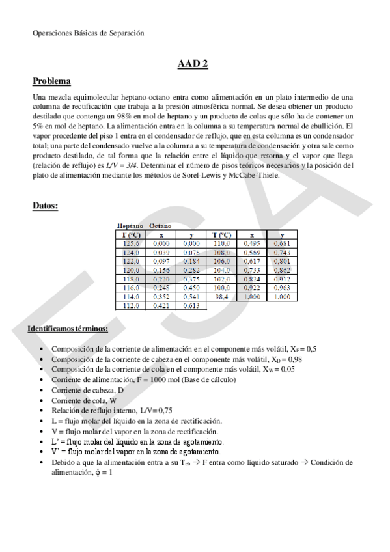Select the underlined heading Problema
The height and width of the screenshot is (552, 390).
pos(51,81)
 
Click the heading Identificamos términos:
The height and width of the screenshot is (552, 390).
pos(68,329)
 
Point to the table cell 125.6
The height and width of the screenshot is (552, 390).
pos(130,243)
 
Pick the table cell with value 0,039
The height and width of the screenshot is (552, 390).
pos(161,251)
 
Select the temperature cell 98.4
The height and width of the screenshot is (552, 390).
pos(222,296)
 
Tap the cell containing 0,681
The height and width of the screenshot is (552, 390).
pos(281,243)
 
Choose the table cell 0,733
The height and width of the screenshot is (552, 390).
pos(252,269)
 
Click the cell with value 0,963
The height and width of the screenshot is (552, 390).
pos(281,286)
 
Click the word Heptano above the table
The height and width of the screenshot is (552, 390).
pos(130,225)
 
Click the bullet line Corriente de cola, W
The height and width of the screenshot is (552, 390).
pos(84,400)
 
